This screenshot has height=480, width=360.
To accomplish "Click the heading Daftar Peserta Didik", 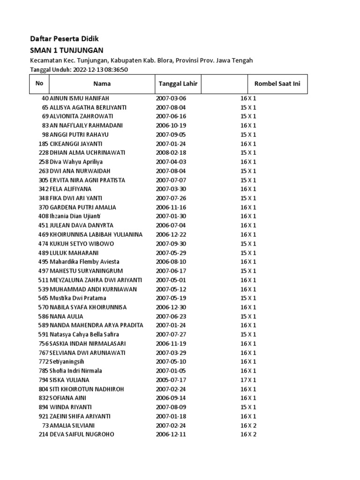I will pos(65,38).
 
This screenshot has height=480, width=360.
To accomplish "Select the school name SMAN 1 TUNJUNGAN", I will pos(67,50).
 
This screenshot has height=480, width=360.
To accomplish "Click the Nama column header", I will pos(102,84).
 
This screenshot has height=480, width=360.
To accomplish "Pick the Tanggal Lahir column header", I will pos(178,84).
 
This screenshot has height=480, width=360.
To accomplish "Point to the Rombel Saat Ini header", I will pos(277,84).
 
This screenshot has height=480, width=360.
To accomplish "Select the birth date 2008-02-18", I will pos(171,153).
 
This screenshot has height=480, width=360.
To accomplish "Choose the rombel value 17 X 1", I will pos(248,380).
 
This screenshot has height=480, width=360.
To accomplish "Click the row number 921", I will pos(44,416).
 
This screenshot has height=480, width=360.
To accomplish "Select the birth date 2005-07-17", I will pos(171,380).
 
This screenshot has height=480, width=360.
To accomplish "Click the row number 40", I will pos(45,98).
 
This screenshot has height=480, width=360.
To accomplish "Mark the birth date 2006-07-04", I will pos(171,225).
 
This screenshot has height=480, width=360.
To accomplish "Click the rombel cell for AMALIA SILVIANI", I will pos(248,425).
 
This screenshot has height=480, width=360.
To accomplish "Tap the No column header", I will pos(39,83).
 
